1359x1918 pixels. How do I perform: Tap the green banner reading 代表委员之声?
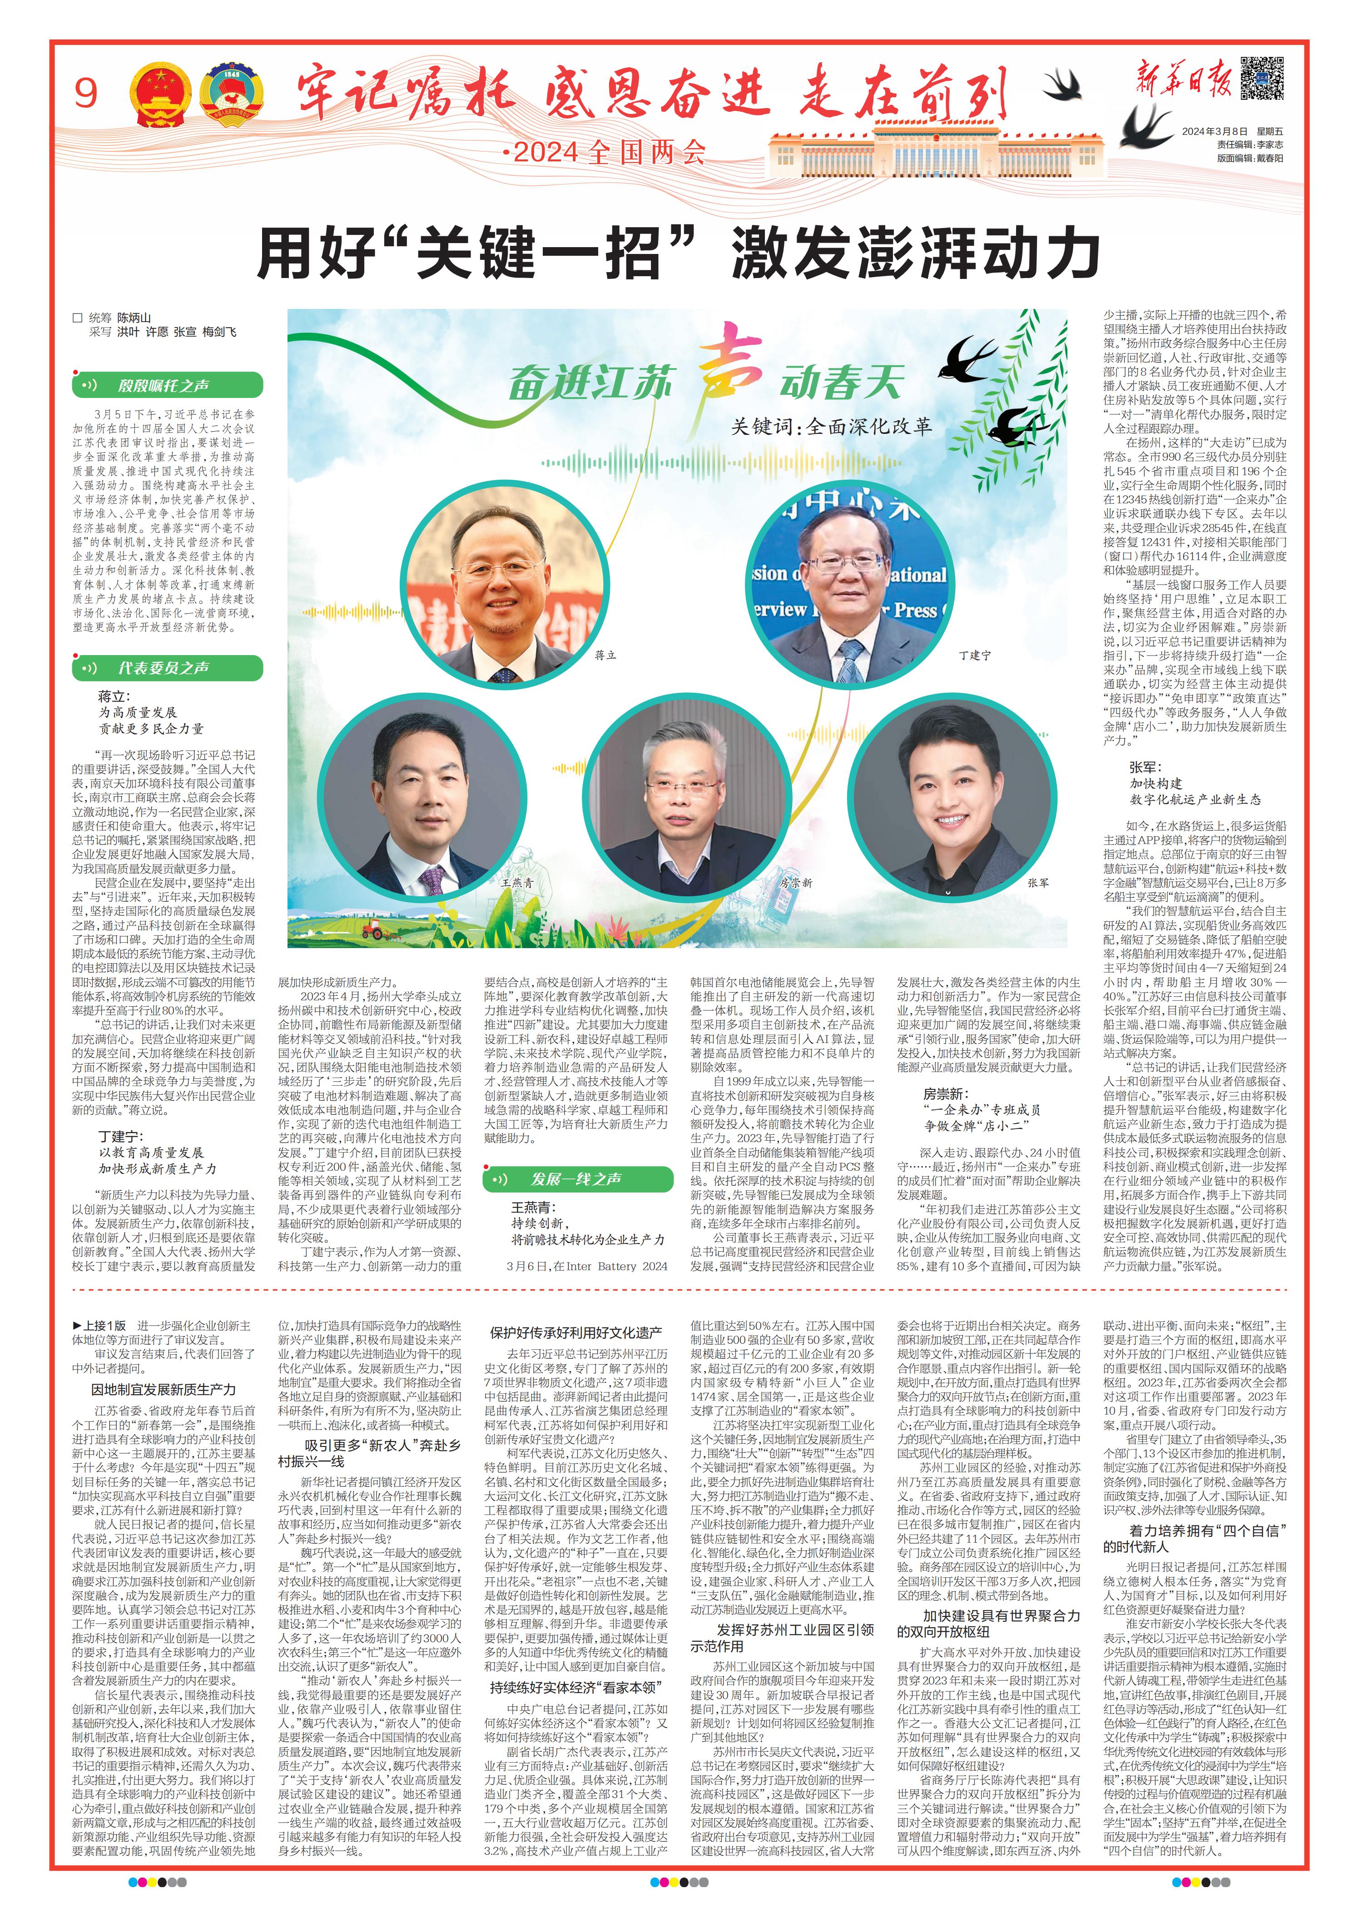pos(167,668)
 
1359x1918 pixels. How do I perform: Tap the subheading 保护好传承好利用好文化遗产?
pos(576,1333)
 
